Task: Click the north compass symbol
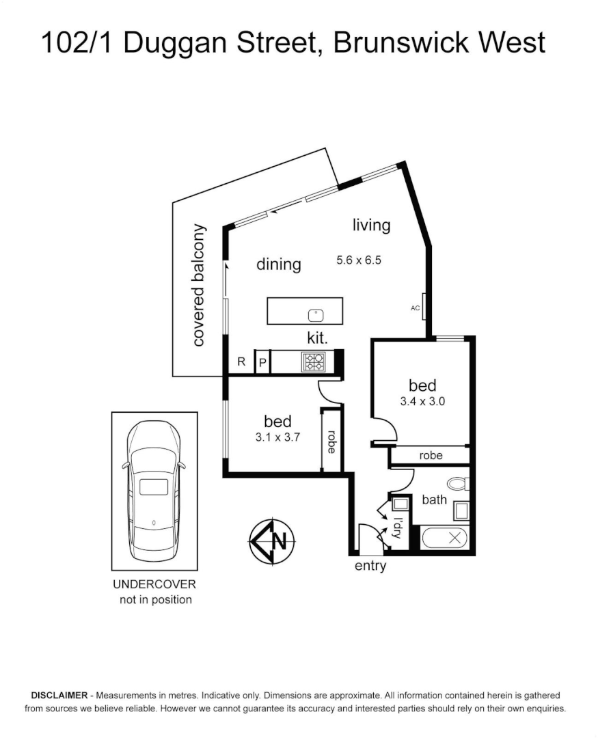click(271, 541)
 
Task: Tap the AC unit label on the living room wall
click(415, 308)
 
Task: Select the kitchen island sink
click(316, 315)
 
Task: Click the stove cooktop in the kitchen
click(314, 361)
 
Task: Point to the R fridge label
click(241, 362)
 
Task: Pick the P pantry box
click(262, 363)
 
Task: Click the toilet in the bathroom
click(459, 484)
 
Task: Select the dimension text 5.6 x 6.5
click(358, 260)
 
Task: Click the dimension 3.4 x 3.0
click(422, 402)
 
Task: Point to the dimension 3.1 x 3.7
click(277, 438)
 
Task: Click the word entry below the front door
click(370, 566)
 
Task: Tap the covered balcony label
click(199, 285)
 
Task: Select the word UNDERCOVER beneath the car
click(154, 585)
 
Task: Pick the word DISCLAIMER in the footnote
click(57, 695)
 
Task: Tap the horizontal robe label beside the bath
click(431, 455)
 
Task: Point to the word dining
click(279, 264)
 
